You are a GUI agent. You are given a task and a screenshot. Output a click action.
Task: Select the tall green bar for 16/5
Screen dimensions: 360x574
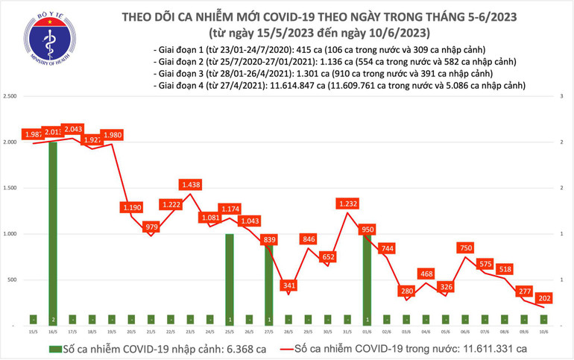point(54,231)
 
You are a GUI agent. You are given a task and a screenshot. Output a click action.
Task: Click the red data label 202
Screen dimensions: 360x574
point(543,295)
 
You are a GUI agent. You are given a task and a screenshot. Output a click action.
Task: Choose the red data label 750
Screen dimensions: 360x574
point(465,247)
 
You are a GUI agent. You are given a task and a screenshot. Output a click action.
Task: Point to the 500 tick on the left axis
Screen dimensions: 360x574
point(13,280)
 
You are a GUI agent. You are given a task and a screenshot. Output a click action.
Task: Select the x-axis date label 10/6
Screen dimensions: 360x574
point(543,332)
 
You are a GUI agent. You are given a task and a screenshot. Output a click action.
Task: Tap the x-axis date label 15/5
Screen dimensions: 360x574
point(34,332)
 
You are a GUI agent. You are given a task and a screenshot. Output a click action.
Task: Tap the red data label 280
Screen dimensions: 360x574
point(406,290)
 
